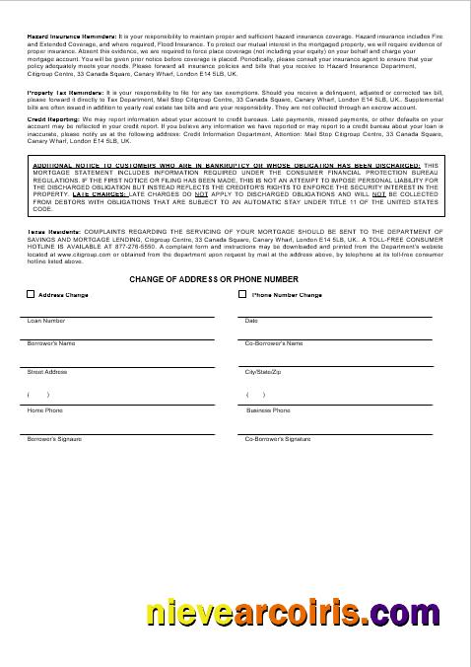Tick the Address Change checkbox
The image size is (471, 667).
coord(31,294)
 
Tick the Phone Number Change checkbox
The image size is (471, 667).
coord(242,294)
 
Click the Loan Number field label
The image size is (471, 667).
coord(46,321)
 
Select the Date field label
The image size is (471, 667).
coord(250,321)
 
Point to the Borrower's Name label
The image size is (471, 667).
coord(51,343)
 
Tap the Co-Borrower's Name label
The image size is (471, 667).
coord(273,343)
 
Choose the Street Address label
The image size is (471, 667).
coord(47,372)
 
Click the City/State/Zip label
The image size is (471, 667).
coord(263,372)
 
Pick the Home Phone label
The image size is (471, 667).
coord(44,410)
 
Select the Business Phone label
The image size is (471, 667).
coord(268,410)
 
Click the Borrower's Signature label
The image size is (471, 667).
coord(54,438)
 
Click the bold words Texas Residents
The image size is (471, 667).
coord(46,229)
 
